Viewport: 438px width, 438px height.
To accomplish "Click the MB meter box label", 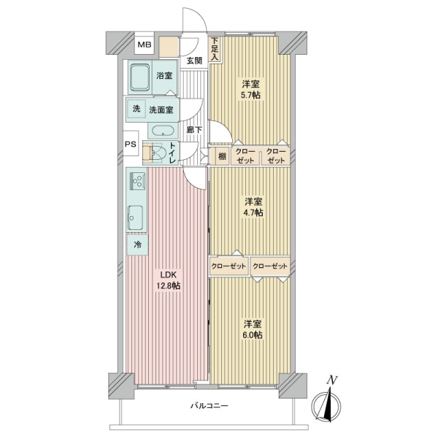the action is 145,45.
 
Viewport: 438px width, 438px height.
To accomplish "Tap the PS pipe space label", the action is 130,144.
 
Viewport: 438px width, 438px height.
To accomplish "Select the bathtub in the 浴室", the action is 140,77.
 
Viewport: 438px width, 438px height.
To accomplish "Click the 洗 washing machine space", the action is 137,109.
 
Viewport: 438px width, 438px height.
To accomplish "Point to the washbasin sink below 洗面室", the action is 164,131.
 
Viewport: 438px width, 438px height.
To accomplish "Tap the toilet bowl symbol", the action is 158,153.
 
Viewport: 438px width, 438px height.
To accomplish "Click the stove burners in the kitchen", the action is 137,180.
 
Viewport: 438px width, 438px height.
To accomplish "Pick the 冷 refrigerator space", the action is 137,245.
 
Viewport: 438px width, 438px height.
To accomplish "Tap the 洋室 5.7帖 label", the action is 251,89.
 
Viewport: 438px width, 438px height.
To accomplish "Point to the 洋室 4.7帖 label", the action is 253,207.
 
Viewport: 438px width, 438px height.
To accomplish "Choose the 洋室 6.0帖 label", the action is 253,330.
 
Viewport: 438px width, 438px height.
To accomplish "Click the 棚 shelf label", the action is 222,156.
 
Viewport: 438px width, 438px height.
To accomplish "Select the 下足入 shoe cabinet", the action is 215,49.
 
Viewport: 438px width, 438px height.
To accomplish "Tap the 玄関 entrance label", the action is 194,61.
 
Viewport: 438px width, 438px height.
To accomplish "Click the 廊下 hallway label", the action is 194,130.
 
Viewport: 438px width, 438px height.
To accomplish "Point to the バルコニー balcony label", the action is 210,406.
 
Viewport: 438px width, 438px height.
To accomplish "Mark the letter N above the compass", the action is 332,380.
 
